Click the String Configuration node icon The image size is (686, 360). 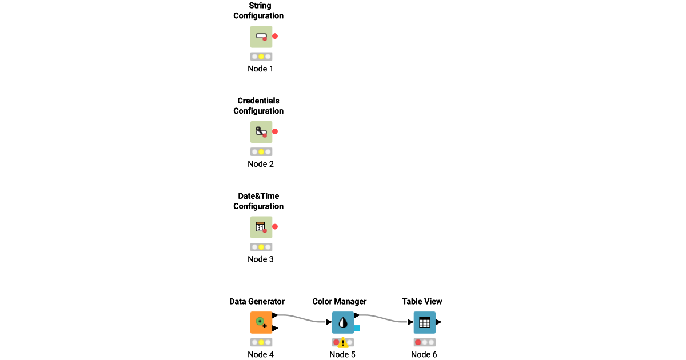click(261, 37)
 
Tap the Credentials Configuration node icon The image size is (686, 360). click(261, 132)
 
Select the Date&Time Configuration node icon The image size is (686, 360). click(261, 227)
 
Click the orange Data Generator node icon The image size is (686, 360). click(261, 322)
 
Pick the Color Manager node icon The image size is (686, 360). click(343, 322)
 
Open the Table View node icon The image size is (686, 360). click(425, 322)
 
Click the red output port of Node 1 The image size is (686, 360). click(275, 36)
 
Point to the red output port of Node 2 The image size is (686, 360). click(275, 131)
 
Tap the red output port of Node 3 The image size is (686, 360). click(275, 227)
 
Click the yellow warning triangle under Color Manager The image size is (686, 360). click(343, 343)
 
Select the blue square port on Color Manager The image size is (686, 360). click(357, 328)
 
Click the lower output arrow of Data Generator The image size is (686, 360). click(275, 329)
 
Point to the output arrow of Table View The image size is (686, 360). click(438, 322)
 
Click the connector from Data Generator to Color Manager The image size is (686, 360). click(303, 318)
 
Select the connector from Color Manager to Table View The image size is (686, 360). click(384, 318)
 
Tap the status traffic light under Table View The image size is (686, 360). click(425, 342)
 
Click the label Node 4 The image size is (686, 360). click(261, 354)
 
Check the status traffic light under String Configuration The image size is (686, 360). click(261, 57)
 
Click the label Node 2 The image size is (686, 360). click(261, 164)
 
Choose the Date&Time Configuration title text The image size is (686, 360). click(258, 201)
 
